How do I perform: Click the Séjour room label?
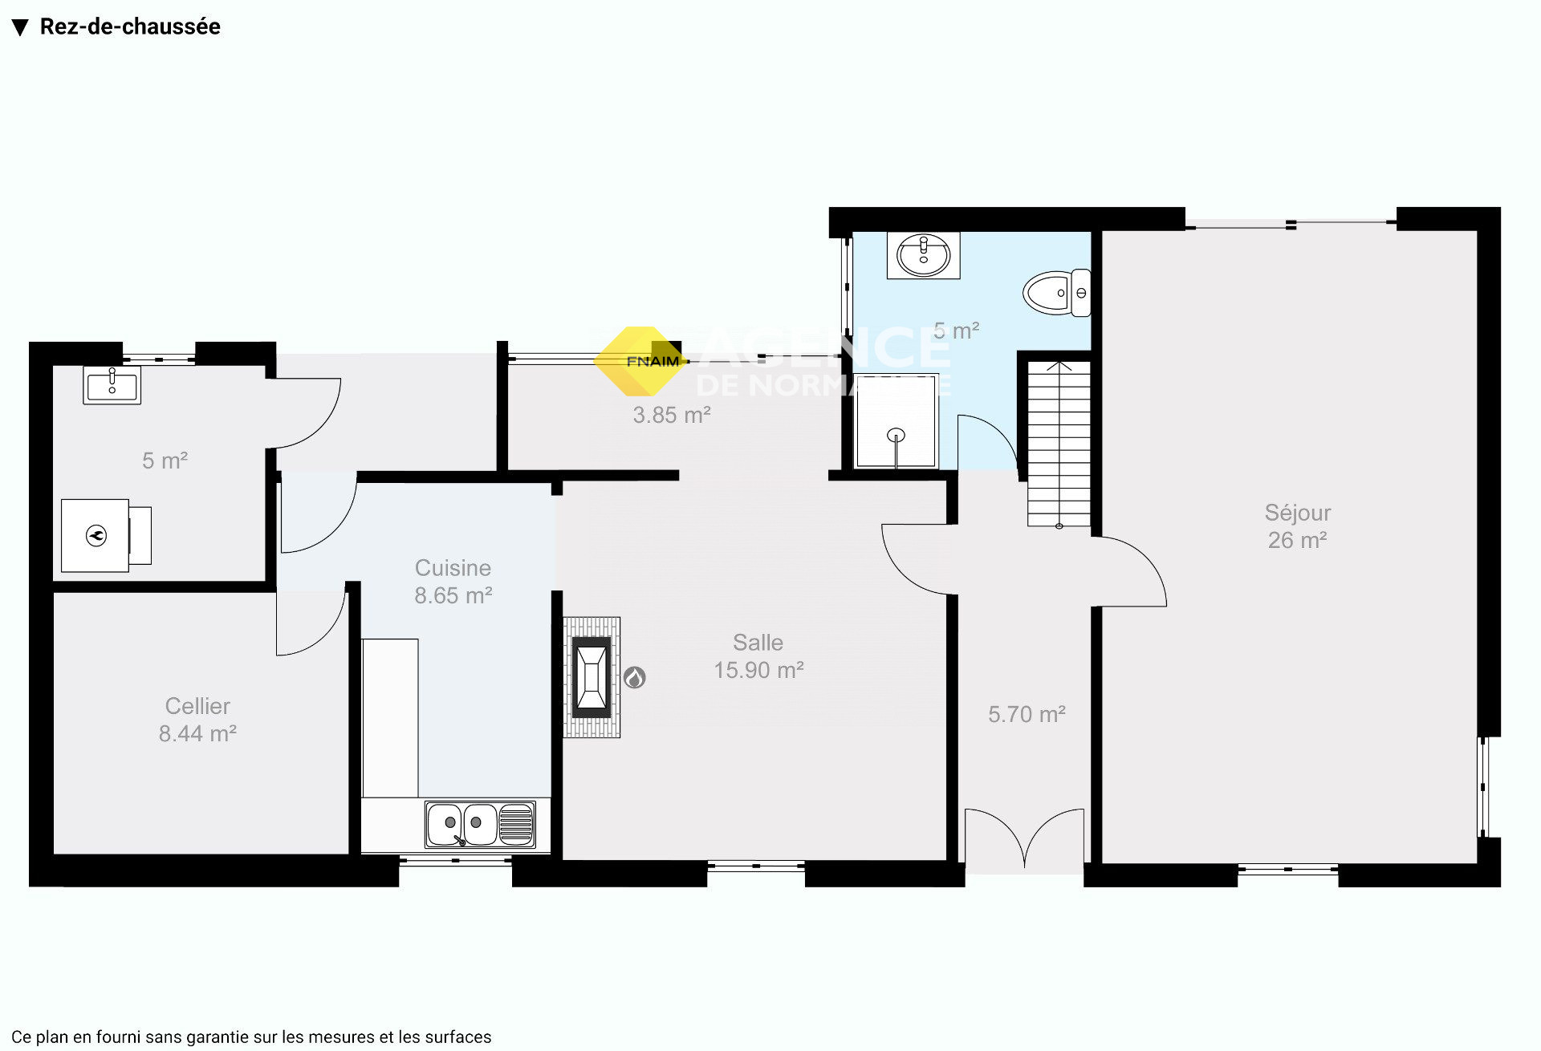[x=1297, y=526]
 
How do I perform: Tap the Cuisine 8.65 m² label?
[x=453, y=582]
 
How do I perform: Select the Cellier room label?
[x=197, y=720]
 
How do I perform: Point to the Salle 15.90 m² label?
[x=758, y=656]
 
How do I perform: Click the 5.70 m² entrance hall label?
[x=1027, y=714]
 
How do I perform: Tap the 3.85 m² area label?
[x=672, y=415]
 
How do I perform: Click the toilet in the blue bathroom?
[x=1056, y=293]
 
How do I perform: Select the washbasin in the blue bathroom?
[x=923, y=256]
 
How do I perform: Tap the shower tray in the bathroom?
[x=896, y=421]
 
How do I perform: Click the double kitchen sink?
[x=480, y=824]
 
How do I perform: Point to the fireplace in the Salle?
[x=592, y=677]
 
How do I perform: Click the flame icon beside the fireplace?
[x=635, y=678]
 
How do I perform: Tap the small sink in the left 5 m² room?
[x=112, y=385]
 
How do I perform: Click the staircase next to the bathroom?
[x=1059, y=444]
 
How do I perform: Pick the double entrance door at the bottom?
[x=1024, y=839]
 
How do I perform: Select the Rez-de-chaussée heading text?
[x=130, y=26]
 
